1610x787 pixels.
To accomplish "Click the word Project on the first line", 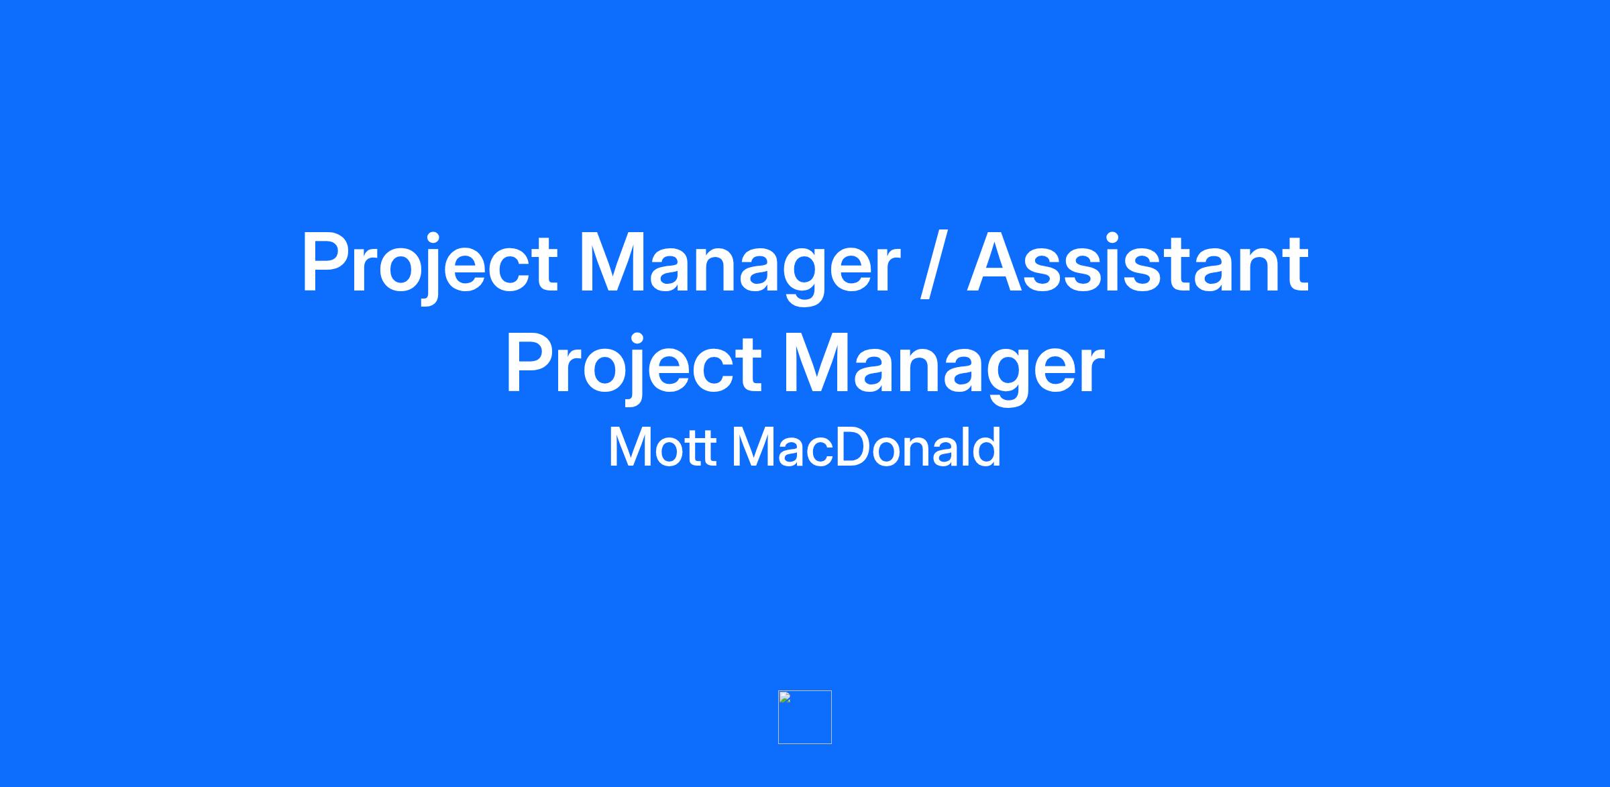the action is pos(429,266).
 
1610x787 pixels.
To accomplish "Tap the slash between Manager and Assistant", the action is pos(933,265).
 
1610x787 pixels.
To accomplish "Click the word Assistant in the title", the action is pos(1138,262).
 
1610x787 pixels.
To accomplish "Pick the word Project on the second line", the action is pos(634,366).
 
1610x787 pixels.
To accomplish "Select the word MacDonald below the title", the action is pos(866,447).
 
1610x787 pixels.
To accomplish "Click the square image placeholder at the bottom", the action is pos(805,717).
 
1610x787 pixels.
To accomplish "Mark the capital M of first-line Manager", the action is pos(613,262).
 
